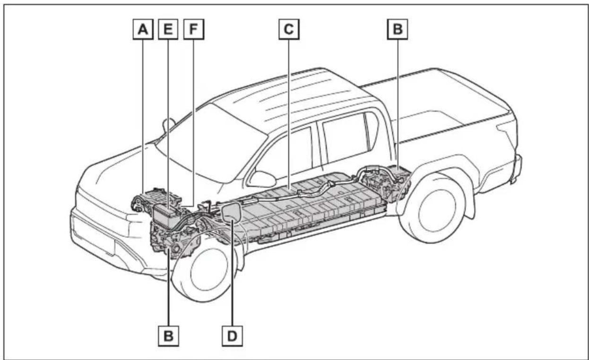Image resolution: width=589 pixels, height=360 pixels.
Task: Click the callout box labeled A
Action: coord(143,29)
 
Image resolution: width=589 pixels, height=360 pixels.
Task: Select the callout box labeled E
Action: coord(168,29)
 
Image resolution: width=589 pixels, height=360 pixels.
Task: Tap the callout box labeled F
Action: coord(193,29)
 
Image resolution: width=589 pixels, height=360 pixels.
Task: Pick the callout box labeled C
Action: coord(289,29)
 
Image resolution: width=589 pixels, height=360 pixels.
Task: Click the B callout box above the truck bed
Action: coord(397,29)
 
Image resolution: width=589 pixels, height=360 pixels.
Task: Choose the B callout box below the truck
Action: coord(168,336)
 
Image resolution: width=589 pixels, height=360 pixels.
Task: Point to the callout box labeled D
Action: coord(232,336)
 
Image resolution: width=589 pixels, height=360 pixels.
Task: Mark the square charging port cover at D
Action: coord(231,212)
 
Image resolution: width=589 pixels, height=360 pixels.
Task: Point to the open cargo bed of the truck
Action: coord(447,116)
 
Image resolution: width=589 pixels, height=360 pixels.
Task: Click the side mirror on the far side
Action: coord(169,125)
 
